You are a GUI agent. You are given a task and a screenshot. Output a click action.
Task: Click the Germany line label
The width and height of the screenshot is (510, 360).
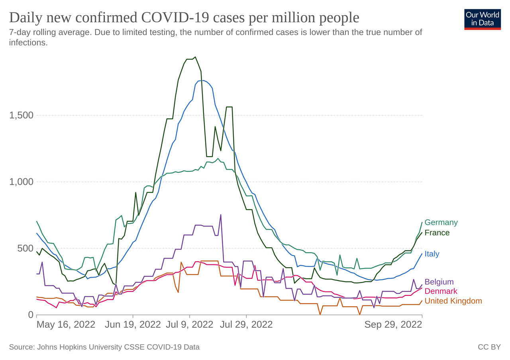[x=441, y=222]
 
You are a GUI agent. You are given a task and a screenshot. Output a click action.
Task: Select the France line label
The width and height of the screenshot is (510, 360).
[x=437, y=233]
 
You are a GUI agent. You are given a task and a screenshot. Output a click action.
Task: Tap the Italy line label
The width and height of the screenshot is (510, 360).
[x=432, y=254]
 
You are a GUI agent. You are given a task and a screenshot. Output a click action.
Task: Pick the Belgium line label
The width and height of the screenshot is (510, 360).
[x=439, y=282]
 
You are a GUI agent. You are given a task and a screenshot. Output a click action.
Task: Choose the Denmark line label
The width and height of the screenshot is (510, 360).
[x=441, y=291]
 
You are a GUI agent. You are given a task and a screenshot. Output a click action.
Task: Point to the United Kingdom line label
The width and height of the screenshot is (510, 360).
[x=453, y=301]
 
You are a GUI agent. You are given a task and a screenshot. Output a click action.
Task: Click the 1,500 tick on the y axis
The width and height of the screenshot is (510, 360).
[x=21, y=115]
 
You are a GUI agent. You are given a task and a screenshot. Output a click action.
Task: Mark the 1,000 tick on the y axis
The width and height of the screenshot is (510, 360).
[x=21, y=182]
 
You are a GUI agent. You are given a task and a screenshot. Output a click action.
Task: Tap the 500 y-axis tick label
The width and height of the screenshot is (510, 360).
[x=25, y=248]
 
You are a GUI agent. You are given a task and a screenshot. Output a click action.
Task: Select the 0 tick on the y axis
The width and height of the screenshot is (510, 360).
[x=31, y=315]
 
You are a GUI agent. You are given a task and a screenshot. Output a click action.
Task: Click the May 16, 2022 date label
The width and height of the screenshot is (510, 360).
[x=66, y=325]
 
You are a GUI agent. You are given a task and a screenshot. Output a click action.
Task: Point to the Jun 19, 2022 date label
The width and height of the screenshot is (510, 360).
[x=133, y=325]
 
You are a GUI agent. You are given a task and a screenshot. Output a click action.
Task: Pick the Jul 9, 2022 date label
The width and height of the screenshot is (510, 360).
[x=189, y=325]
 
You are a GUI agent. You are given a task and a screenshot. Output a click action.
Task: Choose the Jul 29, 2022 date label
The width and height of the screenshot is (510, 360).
[x=246, y=325]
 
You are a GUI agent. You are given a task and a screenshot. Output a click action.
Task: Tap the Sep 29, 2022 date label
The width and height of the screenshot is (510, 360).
[x=393, y=325]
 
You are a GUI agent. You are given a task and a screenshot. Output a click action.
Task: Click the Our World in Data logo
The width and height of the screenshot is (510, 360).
[x=482, y=19]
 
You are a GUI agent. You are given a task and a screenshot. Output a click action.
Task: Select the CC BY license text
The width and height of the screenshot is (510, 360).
[x=489, y=347]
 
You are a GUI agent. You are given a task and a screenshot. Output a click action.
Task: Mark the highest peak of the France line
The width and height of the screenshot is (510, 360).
[x=195, y=57]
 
